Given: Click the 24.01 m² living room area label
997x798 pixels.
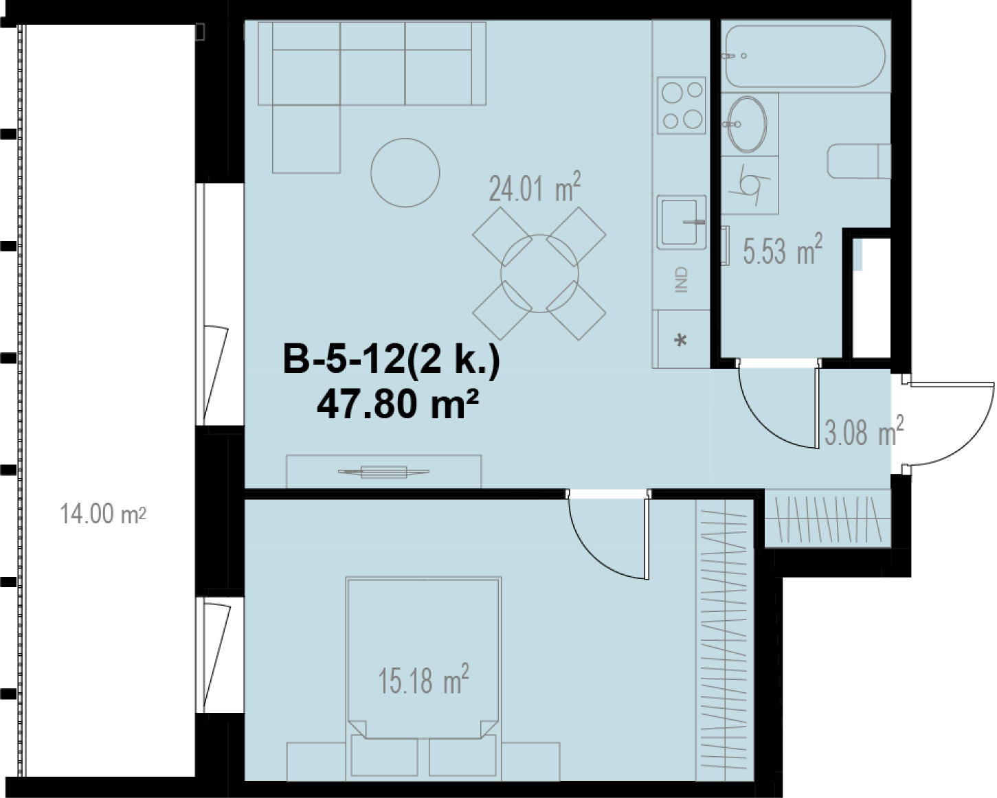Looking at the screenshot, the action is click(535, 187).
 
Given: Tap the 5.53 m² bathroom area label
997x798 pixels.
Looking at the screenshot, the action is click(783, 249).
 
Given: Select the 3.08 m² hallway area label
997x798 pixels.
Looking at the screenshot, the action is click(864, 431).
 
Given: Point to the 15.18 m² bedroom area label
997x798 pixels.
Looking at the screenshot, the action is click(423, 679).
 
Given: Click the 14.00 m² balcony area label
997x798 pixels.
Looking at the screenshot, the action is click(103, 514).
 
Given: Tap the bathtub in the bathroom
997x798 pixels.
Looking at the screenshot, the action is click(805, 56).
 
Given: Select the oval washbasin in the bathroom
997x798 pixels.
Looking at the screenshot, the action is click(747, 124).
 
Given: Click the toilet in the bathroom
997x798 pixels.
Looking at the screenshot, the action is click(859, 161).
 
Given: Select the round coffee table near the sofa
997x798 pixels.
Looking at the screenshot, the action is click(405, 173).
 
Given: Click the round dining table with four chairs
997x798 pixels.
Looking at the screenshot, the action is click(539, 274).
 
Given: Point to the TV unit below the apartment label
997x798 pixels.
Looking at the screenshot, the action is click(383, 471).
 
